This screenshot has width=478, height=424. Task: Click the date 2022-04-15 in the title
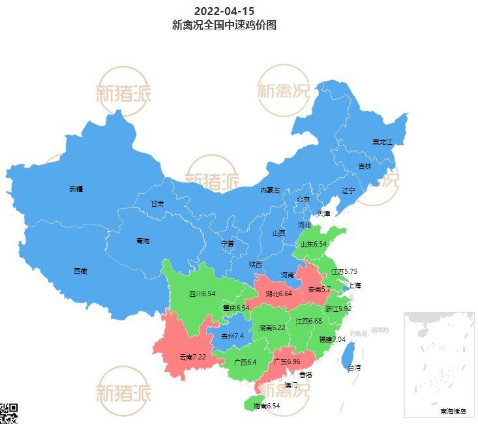coord(224,11)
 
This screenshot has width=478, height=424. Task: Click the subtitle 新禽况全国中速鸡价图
coord(224,25)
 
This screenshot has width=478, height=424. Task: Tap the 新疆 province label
coord(76,189)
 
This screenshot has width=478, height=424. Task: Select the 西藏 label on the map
coord(80,271)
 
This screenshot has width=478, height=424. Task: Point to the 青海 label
coord(143,241)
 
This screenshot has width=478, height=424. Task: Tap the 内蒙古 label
coord(270,190)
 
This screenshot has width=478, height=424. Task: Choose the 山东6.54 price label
coord(313,245)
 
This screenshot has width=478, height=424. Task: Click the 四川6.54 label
coord(202,294)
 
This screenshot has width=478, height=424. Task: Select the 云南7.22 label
coord(192,357)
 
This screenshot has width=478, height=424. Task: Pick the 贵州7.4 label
coord(232,336)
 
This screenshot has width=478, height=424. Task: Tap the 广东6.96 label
coord(286,361)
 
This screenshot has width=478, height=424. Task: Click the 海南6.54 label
coord(266,406)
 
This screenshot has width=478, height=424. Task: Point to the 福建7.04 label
coord(332,339)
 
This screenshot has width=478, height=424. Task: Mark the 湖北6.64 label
coord(278,294)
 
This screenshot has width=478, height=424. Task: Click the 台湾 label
coord(353,368)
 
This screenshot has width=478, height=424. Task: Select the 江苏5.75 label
coord(344,271)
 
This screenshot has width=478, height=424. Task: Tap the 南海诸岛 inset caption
coord(453,411)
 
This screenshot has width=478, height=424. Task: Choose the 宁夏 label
coord(228,243)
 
